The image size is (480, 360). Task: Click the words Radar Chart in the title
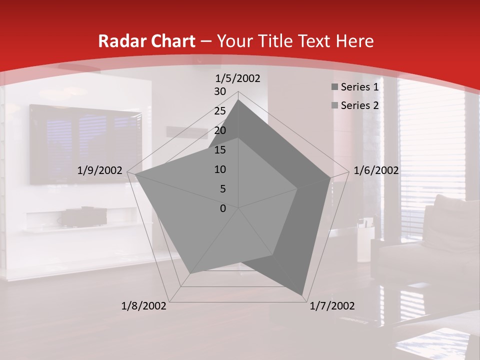[147, 41]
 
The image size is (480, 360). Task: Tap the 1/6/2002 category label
[376, 170]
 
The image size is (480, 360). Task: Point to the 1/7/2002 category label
[332, 306]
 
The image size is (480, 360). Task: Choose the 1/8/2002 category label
[144, 306]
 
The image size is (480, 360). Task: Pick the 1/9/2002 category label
[100, 170]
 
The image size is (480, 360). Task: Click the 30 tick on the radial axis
[220, 91]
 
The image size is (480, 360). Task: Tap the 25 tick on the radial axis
[220, 111]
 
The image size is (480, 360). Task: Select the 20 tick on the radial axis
[220, 130]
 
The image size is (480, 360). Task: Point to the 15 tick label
[220, 150]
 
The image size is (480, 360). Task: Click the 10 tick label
[220, 169]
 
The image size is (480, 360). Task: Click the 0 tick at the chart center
[223, 208]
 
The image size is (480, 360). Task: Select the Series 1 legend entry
[359, 87]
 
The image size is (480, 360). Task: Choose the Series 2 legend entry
[359, 105]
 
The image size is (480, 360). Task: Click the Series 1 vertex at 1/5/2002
[238, 100]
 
